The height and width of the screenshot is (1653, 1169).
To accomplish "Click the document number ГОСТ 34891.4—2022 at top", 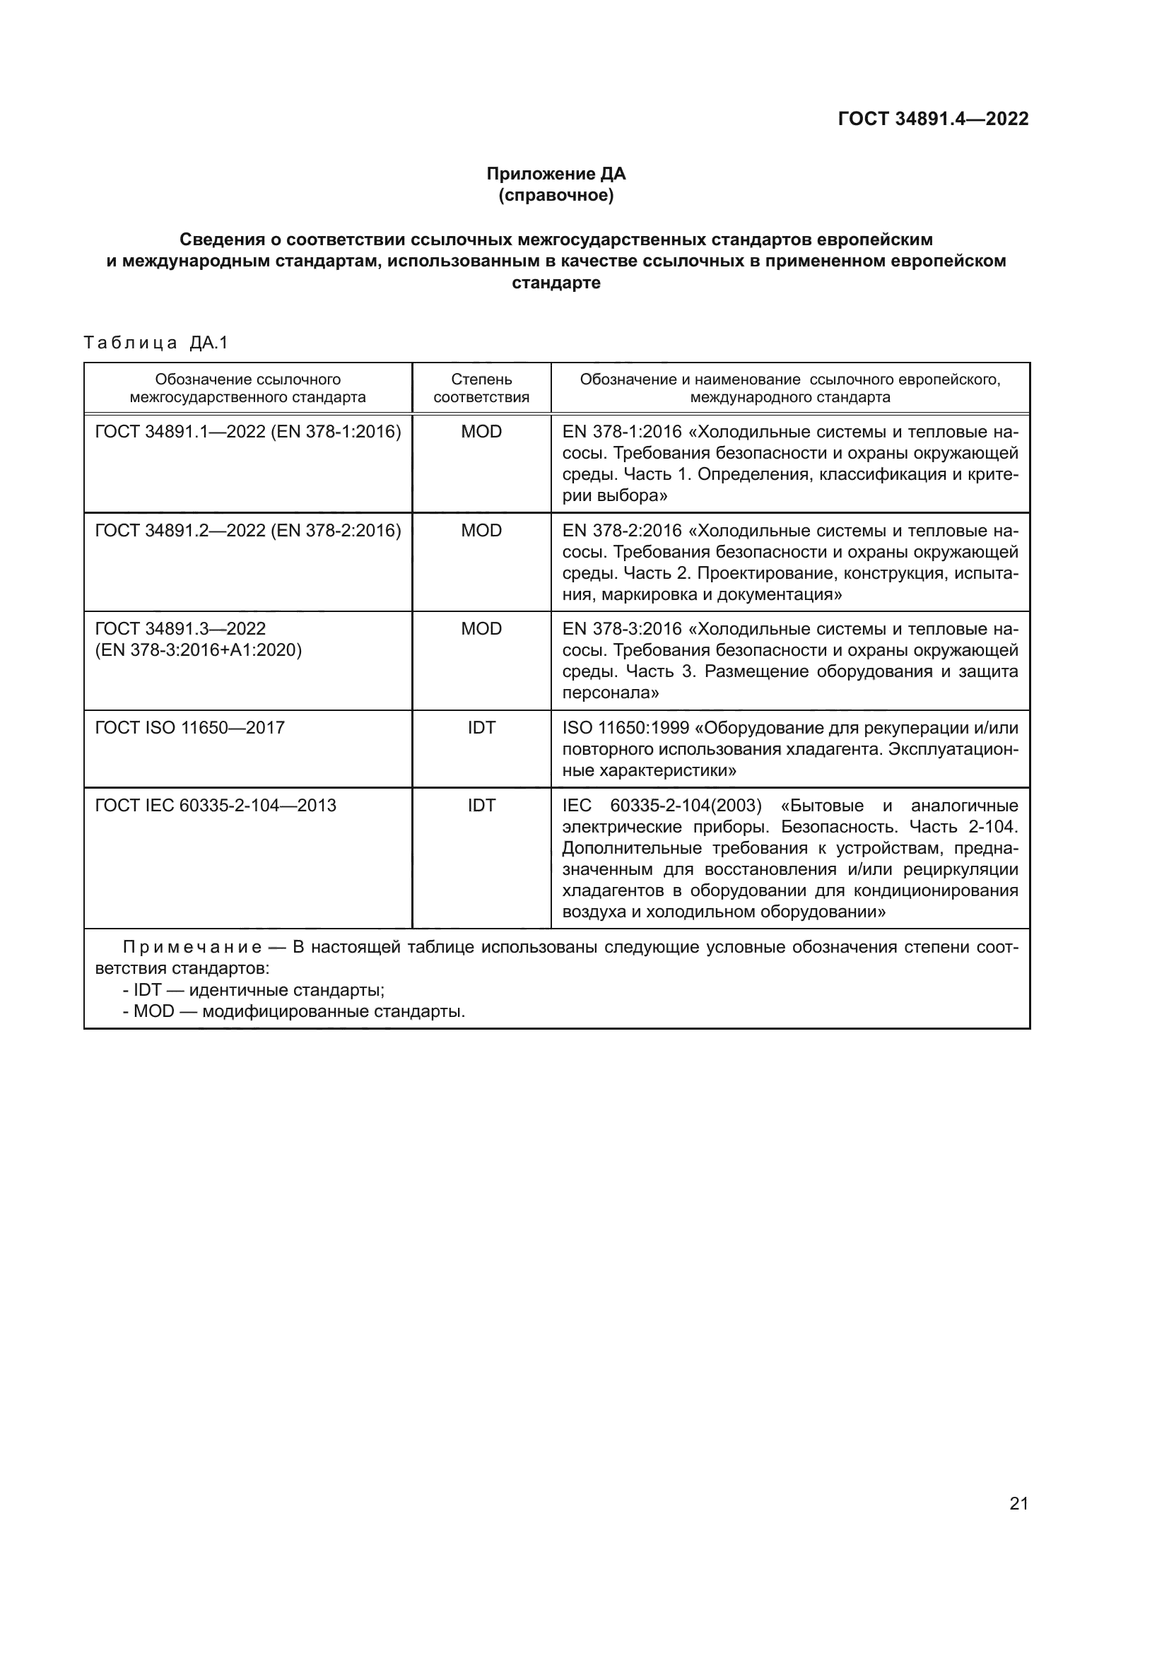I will (933, 119).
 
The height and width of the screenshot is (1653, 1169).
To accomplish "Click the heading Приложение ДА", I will (556, 174).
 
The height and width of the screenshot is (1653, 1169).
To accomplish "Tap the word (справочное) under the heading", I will (556, 195).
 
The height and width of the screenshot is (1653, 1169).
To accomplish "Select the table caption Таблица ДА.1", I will (155, 343).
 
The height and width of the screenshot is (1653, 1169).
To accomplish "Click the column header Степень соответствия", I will (481, 388).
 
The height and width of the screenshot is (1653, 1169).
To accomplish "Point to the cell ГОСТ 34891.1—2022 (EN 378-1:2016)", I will (247, 432).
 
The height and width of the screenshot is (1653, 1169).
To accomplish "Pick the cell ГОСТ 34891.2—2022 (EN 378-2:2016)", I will (247, 531).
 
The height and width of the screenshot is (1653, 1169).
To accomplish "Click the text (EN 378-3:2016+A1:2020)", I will (199, 650).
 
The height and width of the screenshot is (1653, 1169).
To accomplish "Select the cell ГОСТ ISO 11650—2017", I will (190, 728).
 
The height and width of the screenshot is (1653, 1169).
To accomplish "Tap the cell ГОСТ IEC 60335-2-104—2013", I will (216, 805).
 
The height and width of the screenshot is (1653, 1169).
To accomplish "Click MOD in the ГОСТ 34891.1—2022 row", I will (481, 432).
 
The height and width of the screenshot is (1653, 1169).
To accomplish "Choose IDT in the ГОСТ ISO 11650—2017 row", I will (481, 728).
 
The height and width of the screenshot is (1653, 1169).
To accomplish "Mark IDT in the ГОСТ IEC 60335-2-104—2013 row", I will (481, 805).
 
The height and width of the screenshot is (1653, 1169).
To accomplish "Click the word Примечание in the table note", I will (192, 948).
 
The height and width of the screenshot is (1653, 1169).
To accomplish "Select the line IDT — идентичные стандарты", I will (254, 990).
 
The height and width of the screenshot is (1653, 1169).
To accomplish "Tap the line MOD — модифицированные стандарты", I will (294, 1011).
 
